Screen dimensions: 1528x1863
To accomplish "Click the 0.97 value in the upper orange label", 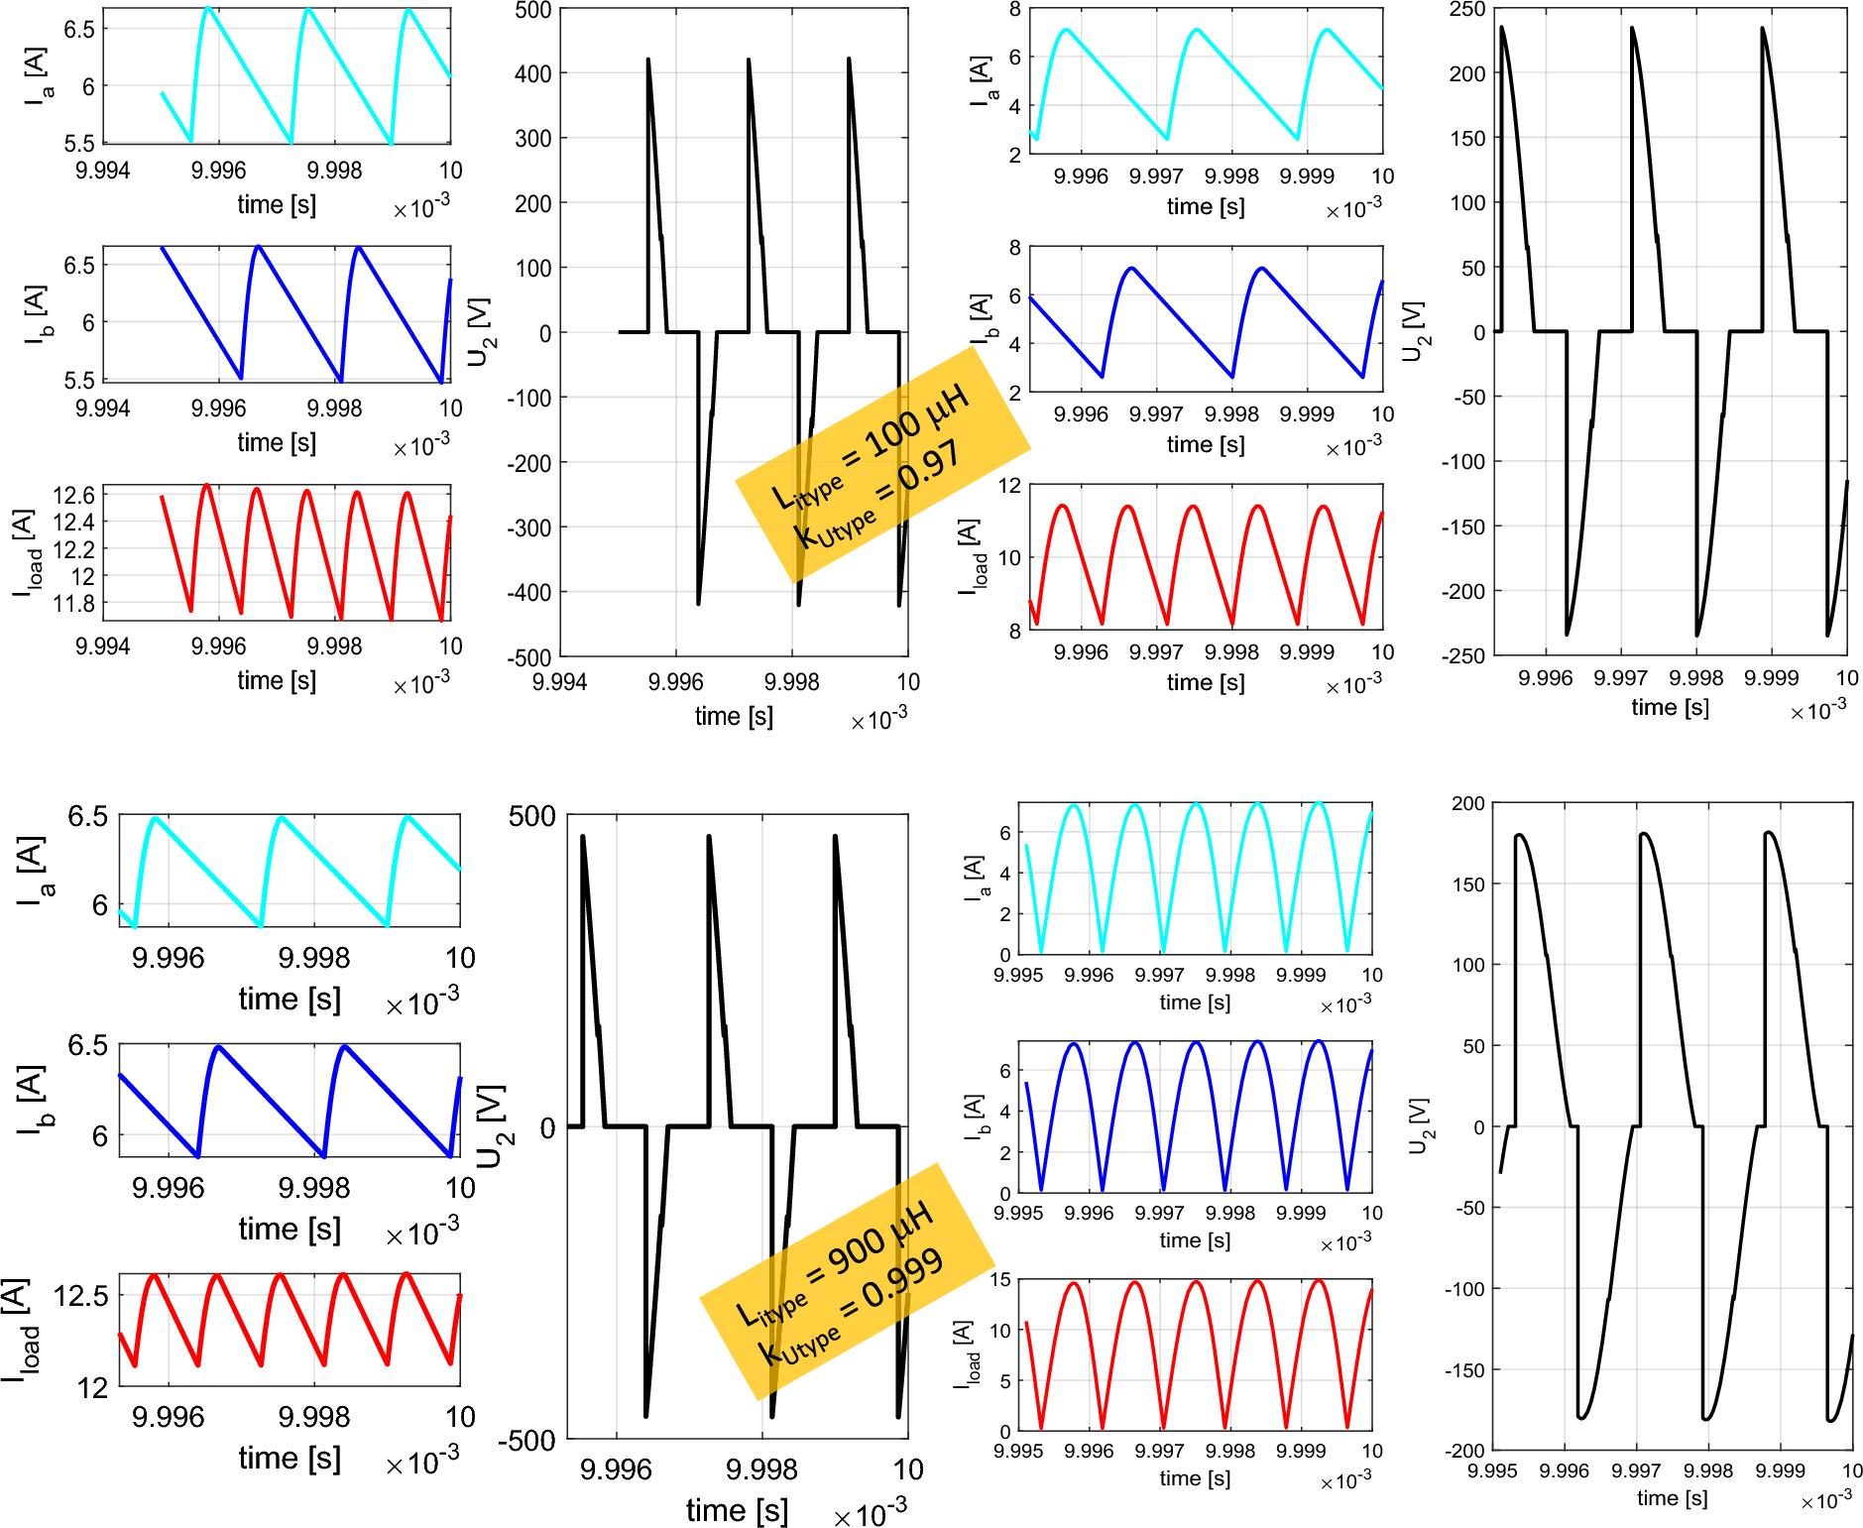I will tap(929, 468).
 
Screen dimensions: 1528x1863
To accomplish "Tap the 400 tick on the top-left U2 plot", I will tap(533, 73).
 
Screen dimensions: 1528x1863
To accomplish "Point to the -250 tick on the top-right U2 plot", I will tap(1463, 655).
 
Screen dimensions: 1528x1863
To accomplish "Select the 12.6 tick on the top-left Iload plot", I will tap(73, 495).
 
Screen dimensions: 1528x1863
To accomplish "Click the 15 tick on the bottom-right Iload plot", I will tap(1000, 1279).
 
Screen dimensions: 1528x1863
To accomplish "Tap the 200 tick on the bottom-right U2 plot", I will tap(1468, 803).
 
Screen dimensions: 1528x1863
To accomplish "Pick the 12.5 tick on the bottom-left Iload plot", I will tap(81, 1296).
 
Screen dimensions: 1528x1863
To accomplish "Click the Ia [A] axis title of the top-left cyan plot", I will tap(38, 75).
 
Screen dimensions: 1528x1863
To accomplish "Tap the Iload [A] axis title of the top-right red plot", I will tap(973, 555).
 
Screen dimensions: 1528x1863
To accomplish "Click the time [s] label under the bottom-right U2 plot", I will tap(1672, 1498).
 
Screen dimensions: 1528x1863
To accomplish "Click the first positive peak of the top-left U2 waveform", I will tap(648, 59).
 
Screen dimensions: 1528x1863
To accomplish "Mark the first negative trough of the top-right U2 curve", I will tap(1567, 634).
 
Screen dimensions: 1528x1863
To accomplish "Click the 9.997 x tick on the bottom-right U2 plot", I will tap(1636, 1470).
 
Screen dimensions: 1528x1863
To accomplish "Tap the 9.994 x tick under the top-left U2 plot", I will tap(560, 682).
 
